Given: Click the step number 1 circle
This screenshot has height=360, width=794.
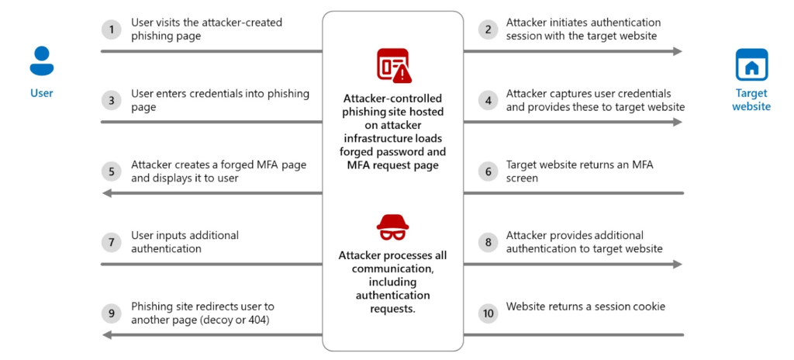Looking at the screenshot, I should pos(112,29).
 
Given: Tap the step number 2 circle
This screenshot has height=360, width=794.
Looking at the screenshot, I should pos(488,29).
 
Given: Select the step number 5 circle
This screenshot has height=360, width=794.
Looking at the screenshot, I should pos(112,171).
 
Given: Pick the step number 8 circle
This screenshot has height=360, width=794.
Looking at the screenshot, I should pos(488,242).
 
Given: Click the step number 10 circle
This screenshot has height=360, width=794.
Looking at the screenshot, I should pos(488,313).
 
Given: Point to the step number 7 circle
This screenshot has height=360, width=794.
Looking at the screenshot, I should pos(112,242).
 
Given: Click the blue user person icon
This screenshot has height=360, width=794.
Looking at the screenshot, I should pos(41,61).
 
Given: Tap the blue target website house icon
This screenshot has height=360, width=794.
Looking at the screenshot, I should pos(751,65).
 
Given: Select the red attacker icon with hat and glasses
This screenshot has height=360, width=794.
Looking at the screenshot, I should pos(392,228).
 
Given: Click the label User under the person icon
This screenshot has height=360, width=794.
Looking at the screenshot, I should pos(42,93).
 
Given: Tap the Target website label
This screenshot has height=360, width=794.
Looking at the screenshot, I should pos(751,99).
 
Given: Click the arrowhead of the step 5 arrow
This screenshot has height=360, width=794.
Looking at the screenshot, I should pos(107,193).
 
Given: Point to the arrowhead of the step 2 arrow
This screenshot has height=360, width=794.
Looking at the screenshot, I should pos(678,51).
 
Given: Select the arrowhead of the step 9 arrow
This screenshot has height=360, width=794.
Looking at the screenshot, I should pos(107,335).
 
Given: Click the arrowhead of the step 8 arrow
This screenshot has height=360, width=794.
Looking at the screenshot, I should pos(678,264).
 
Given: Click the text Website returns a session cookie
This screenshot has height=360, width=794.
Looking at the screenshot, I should pos(585,306).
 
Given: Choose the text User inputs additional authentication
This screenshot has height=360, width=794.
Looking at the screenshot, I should pos(185,242).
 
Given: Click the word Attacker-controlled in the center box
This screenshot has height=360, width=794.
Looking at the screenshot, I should pos(392,99).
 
